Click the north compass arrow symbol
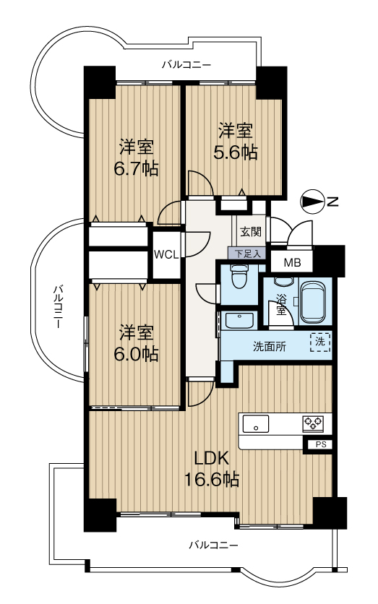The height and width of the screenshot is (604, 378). coord(312,201)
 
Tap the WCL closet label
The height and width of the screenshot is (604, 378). coord(166,254)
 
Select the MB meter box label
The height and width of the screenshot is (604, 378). coord(292,264)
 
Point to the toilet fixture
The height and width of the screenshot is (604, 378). coord(239,276)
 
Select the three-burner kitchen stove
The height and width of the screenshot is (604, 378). coord(313,424)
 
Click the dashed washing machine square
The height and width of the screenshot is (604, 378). coord(320,342)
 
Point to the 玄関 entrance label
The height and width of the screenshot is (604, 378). coord(251,232)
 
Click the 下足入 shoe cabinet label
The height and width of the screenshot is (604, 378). coord(248,254)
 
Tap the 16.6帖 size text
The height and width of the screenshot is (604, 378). coord(212,480)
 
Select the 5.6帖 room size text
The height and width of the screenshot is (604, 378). coord(236,153)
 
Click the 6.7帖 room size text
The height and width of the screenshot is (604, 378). coord(136,168)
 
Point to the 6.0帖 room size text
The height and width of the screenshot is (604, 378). coord(136,354)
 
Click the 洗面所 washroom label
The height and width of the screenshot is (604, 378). coord(270,347)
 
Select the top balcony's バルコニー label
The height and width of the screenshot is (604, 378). coord(186,64)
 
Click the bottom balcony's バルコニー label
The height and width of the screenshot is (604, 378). coord(213,545)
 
